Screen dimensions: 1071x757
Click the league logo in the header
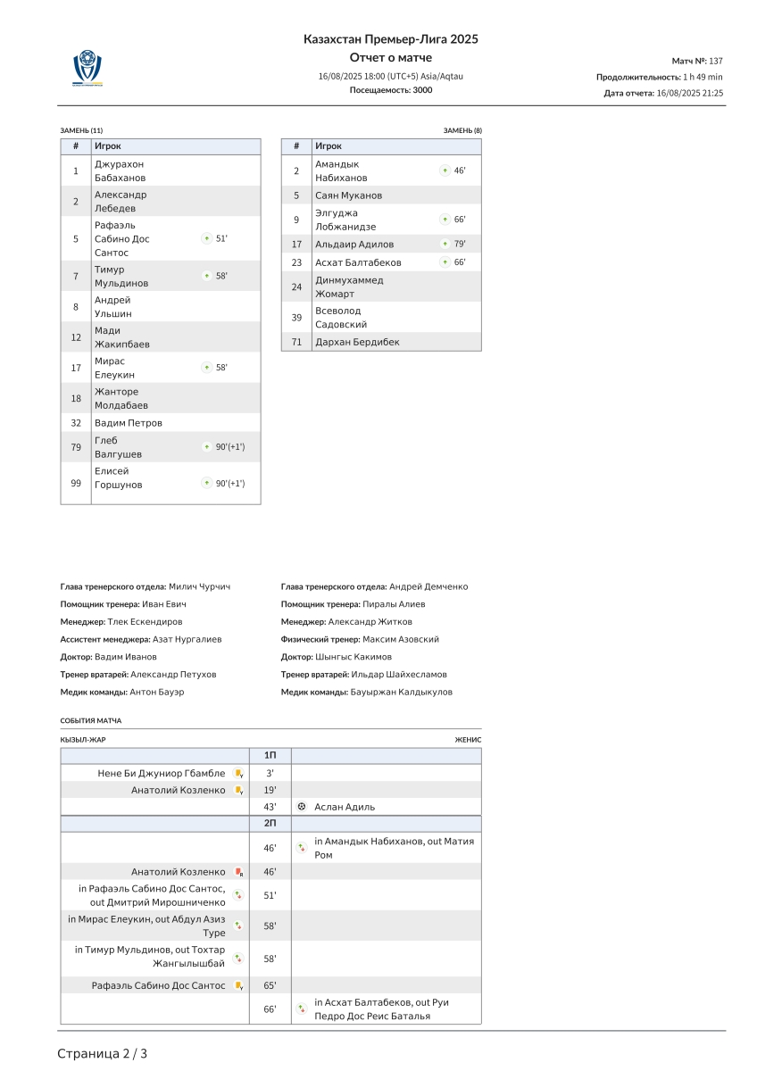click(87, 68)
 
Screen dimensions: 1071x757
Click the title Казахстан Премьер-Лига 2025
click(391, 39)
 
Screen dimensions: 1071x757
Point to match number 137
click(715, 61)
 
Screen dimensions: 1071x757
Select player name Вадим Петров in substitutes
click(129, 423)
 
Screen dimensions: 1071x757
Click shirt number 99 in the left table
click(76, 483)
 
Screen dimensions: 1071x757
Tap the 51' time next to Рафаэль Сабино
click(221, 238)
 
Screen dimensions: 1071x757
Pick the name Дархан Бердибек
click(357, 342)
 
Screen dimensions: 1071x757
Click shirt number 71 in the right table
click(296, 342)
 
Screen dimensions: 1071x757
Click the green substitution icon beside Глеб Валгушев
click(206, 447)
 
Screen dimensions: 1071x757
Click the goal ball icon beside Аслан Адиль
click(302, 807)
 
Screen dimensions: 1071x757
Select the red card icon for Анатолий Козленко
click(238, 872)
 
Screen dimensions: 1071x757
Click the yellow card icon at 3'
click(238, 774)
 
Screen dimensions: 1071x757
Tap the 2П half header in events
click(270, 823)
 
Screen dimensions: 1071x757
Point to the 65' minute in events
click(270, 985)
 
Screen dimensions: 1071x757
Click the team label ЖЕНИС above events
click(468, 740)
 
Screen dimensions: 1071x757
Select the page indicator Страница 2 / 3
click(103, 1054)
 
